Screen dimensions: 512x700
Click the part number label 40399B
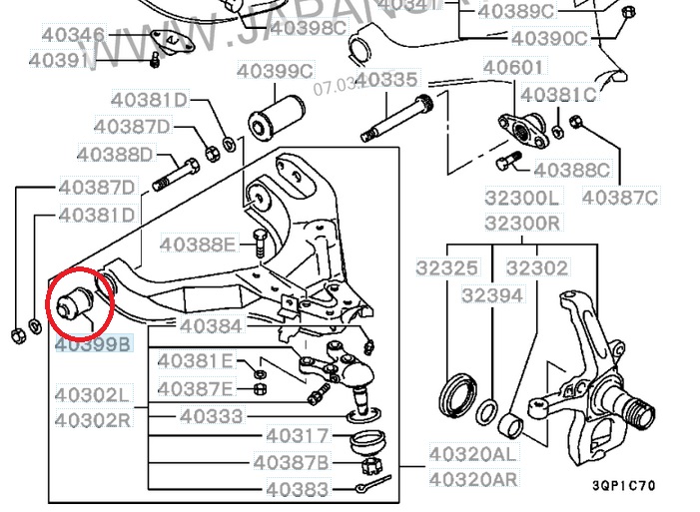click(x=92, y=345)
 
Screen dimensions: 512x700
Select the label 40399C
click(x=275, y=71)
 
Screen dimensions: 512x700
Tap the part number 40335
click(x=385, y=79)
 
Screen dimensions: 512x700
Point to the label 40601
click(x=514, y=68)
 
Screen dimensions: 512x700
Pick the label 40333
click(x=212, y=414)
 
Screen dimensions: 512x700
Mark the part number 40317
click(x=298, y=435)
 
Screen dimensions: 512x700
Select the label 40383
click(x=298, y=489)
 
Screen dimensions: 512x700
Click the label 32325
click(x=448, y=267)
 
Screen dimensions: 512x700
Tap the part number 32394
click(x=491, y=295)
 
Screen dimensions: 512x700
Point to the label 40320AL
click(x=473, y=453)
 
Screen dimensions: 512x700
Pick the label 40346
click(x=72, y=36)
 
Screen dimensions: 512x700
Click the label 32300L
click(x=522, y=198)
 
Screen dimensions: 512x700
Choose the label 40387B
click(x=291, y=462)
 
